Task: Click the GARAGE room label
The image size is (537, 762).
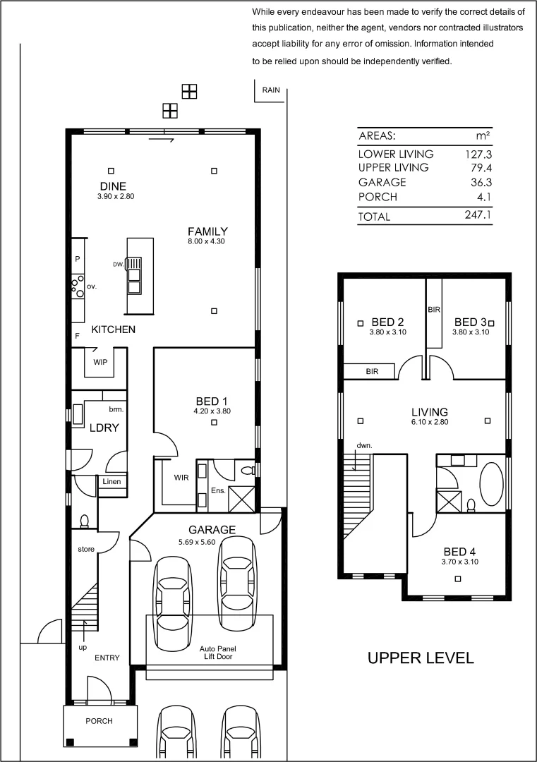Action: (x=212, y=530)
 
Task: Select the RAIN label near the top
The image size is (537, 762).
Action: (x=270, y=90)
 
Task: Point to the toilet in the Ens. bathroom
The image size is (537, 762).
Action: (x=247, y=470)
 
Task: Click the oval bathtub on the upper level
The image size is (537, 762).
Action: (x=491, y=482)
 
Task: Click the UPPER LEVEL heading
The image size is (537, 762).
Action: (x=421, y=658)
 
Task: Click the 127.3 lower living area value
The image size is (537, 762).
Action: (x=477, y=154)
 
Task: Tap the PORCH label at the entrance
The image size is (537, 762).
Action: (x=99, y=721)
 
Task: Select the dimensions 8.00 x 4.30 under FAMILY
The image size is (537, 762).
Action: (x=207, y=241)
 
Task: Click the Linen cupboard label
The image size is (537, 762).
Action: (x=111, y=482)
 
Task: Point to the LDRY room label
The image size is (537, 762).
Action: (x=104, y=428)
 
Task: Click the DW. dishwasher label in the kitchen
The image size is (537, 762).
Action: (x=118, y=264)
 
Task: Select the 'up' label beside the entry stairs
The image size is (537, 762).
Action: (x=83, y=646)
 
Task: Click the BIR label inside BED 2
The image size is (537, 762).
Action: (x=371, y=370)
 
